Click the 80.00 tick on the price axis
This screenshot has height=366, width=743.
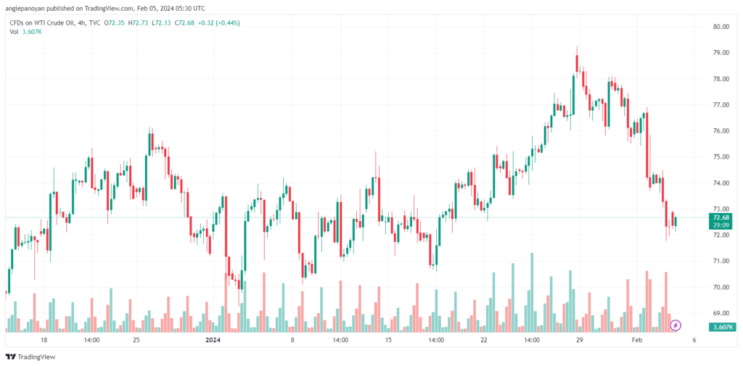(720, 27)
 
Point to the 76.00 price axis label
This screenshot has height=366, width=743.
(720, 131)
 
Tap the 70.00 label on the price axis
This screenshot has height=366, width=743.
(720, 287)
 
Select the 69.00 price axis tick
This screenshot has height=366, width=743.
(720, 313)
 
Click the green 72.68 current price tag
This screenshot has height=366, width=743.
(721, 217)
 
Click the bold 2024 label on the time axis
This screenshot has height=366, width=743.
(213, 339)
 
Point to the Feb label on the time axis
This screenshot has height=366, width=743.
(636, 339)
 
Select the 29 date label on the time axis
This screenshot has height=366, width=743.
(579, 339)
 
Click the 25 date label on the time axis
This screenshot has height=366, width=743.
(136, 339)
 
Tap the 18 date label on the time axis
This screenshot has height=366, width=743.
(44, 339)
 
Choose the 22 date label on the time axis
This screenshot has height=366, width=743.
(484, 339)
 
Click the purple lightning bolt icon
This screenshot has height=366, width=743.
(676, 325)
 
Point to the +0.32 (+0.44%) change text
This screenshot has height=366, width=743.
(220, 23)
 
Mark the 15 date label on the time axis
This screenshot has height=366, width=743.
(388, 339)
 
